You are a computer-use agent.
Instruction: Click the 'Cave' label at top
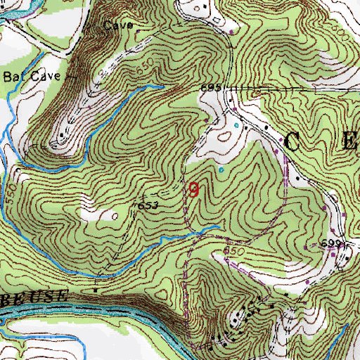click(118, 25)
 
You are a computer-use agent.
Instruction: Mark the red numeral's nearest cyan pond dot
click(222, 169)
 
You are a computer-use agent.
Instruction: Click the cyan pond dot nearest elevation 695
click(236, 126)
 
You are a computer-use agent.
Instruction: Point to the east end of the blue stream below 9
click(217, 226)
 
